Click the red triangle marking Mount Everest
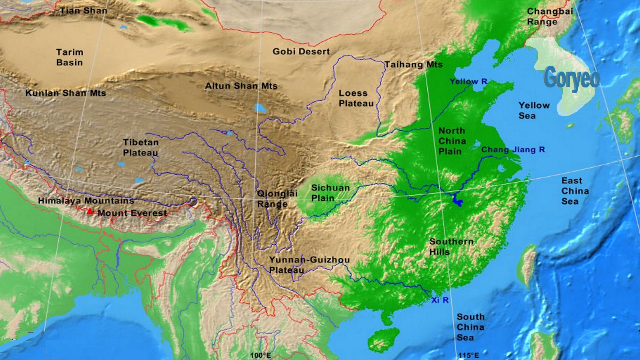click(90, 211)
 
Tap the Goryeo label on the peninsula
click(571, 78)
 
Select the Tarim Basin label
click(70, 57)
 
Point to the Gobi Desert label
click(301, 52)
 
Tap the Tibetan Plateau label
click(141, 147)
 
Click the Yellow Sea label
click(534, 110)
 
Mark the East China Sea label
click(575, 191)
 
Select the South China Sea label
click(470, 327)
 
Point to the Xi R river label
click(440, 300)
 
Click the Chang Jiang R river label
click(513, 150)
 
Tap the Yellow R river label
click(468, 81)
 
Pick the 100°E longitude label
click(261, 355)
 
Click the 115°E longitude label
click(469, 355)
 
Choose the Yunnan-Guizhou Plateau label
click(309, 265)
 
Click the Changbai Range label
click(550, 17)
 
